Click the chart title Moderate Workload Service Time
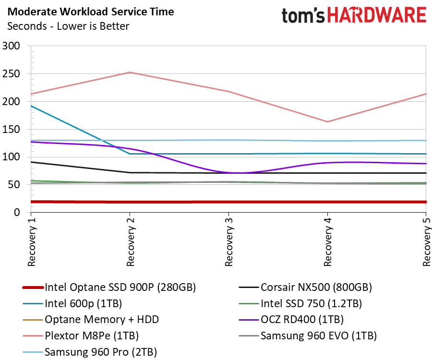[x=91, y=12]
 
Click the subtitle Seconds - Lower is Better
[x=68, y=26]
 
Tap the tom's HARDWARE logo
[x=354, y=15]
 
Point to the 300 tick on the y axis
[x=11, y=46]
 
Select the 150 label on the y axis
[x=11, y=129]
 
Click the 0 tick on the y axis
[x=17, y=212]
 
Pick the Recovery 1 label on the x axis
[x=32, y=242]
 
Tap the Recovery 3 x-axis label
[x=229, y=242]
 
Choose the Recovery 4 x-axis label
[x=327, y=242]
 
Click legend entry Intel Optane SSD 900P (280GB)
[x=109, y=288]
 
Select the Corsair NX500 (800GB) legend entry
[x=305, y=288]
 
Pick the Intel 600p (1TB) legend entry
[x=72, y=303]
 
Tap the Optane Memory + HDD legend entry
[x=91, y=320]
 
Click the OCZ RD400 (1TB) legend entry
[x=291, y=320]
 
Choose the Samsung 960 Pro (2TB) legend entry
[x=90, y=352]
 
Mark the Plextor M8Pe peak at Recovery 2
[x=130, y=72]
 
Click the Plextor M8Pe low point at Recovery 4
[x=327, y=122]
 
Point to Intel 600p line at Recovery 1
[x=31, y=106]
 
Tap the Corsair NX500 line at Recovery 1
[x=31, y=162]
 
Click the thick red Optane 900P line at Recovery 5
[x=426, y=202]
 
